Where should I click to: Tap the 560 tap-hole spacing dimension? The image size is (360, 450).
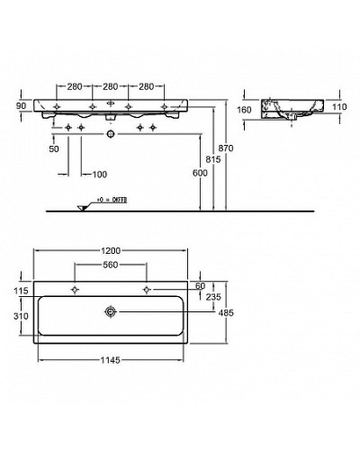point(111,265)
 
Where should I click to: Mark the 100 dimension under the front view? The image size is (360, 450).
point(98,173)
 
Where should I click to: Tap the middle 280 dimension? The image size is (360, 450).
point(111,87)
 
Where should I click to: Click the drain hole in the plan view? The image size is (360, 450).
point(111,312)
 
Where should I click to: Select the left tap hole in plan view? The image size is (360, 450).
point(74,289)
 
